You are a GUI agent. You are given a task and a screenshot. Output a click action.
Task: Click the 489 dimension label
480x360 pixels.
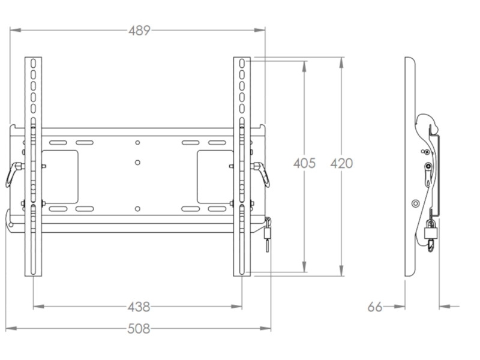(139, 30)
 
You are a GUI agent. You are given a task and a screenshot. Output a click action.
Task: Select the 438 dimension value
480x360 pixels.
(139, 307)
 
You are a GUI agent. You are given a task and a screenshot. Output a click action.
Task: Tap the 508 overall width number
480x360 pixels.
(139, 328)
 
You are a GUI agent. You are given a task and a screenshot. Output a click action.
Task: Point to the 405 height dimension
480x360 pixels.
(304, 163)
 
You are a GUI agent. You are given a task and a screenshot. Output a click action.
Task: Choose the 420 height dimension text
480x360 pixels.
(341, 163)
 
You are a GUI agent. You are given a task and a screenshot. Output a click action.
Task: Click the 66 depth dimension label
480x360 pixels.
(375, 307)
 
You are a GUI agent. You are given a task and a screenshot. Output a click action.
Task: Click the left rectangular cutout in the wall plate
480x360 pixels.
(59, 176)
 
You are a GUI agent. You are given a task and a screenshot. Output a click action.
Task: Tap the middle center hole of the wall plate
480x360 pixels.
(137, 163)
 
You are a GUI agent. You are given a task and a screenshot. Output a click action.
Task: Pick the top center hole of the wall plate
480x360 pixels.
(137, 142)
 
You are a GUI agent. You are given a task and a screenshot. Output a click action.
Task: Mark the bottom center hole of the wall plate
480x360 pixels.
(137, 209)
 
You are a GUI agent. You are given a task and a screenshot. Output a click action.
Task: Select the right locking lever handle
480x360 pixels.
(263, 174)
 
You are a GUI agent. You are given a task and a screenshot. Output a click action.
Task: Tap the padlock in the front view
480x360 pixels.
(268, 231)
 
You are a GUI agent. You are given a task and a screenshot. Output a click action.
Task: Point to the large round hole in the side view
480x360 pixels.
(415, 203)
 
